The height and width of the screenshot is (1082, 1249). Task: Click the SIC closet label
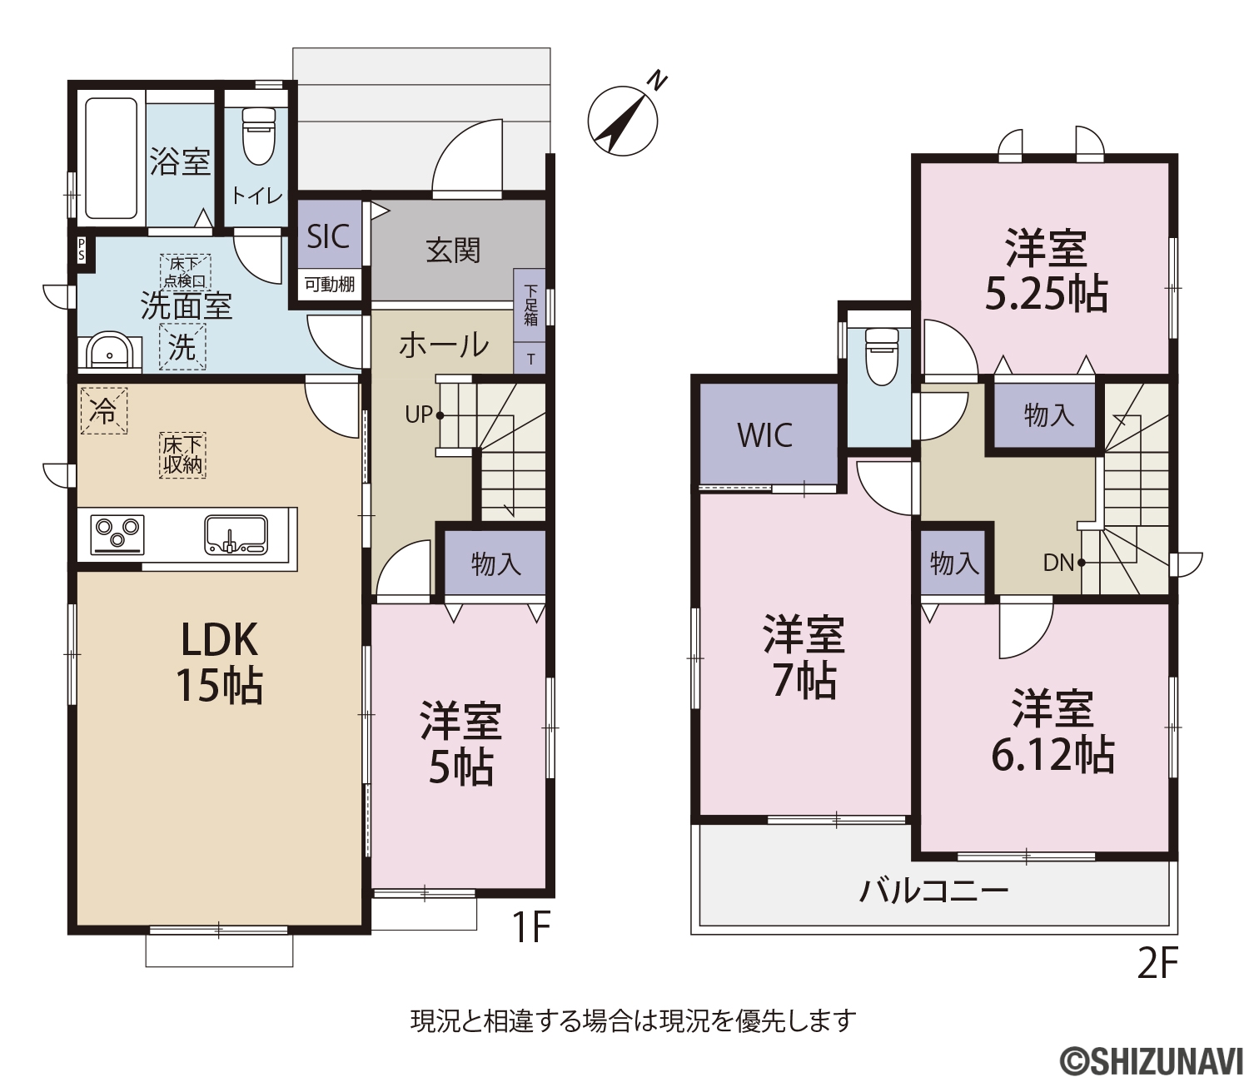coord(328,236)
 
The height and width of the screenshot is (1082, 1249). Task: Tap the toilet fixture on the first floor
coord(258,136)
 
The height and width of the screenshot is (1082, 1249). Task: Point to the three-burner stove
coord(117,534)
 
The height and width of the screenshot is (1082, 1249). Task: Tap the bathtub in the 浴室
coord(112,158)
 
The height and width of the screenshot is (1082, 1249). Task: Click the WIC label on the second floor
coord(764,435)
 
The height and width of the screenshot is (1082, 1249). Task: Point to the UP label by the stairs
coord(420,414)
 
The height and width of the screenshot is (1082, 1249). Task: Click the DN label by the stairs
coord(1058,563)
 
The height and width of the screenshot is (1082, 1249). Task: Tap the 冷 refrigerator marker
coord(103,411)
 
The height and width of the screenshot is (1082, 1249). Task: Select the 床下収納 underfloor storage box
coord(182,455)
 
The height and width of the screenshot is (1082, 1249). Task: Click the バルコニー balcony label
coord(933,891)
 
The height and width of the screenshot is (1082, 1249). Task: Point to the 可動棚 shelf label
coord(330,283)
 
